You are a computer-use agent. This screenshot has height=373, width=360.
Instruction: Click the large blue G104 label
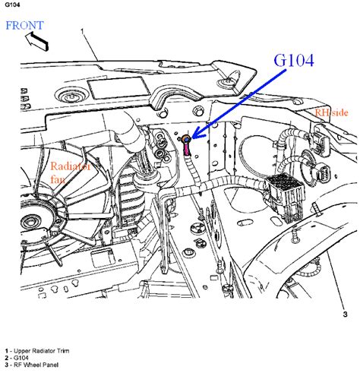coord(294,60)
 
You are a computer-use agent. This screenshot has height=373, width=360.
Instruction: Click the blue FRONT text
coord(24,26)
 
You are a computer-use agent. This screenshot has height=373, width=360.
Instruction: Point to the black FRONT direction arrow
coord(36,40)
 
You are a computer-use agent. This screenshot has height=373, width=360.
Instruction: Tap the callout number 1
coord(82,31)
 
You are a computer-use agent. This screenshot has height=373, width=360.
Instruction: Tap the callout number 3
coord(345,315)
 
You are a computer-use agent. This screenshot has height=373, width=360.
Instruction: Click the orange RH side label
coord(331,112)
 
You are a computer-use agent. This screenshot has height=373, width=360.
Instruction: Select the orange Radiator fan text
coord(70,172)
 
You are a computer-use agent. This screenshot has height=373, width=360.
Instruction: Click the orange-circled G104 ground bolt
coord(186,139)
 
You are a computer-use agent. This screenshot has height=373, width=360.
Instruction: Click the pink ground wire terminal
coord(187,150)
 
